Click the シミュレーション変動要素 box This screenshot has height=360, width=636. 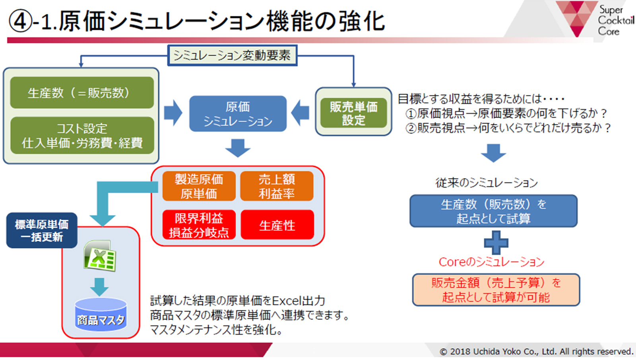tap(232, 55)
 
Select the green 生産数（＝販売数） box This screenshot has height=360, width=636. tap(82, 93)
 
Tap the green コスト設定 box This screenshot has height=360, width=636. tap(82, 136)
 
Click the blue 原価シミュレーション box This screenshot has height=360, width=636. tap(238, 114)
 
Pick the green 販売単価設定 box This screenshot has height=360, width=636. tap(353, 113)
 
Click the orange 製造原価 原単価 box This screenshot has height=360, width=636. tap(199, 186)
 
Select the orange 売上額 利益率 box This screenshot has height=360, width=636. tap(277, 186)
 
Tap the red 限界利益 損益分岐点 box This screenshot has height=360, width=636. tap(199, 225)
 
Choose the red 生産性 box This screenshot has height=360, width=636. tap(277, 225)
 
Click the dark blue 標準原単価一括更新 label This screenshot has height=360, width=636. tap(42, 230)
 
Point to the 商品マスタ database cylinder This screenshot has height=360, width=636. tap(101, 315)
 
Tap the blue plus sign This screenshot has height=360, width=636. tap(496, 243)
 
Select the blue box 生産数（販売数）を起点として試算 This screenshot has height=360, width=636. tap(493, 211)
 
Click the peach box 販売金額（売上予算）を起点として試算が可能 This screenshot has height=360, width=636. tap(496, 290)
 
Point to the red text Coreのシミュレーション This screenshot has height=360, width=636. tap(491, 262)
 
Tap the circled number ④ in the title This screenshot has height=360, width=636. tap(20, 21)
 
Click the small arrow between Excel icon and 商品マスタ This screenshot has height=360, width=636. tap(99, 287)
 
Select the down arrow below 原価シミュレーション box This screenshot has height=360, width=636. tap(238, 148)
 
